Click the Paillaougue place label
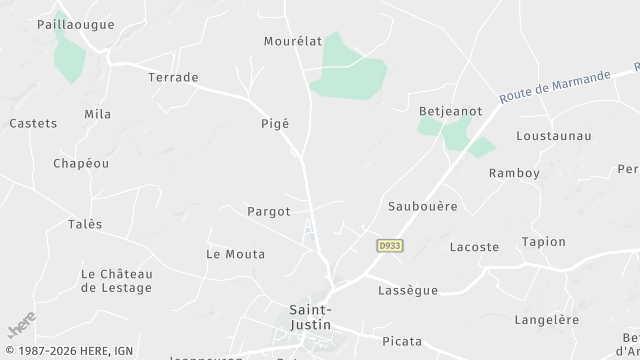pos(75,24)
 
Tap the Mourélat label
pos(293,41)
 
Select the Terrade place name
pos(173,77)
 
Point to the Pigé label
pos(274,123)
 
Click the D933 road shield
pos(390,245)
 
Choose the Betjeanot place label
pos(450,111)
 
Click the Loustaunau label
pos(554,135)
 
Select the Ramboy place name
pos(514,173)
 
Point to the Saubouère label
pos(422,206)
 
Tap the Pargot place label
pos(269,212)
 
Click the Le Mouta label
pos(236,254)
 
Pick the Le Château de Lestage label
pos(116,280)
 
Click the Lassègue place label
pos(408,290)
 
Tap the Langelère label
pos(546,320)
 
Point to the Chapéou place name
pos(81,163)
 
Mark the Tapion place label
pos(543,242)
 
